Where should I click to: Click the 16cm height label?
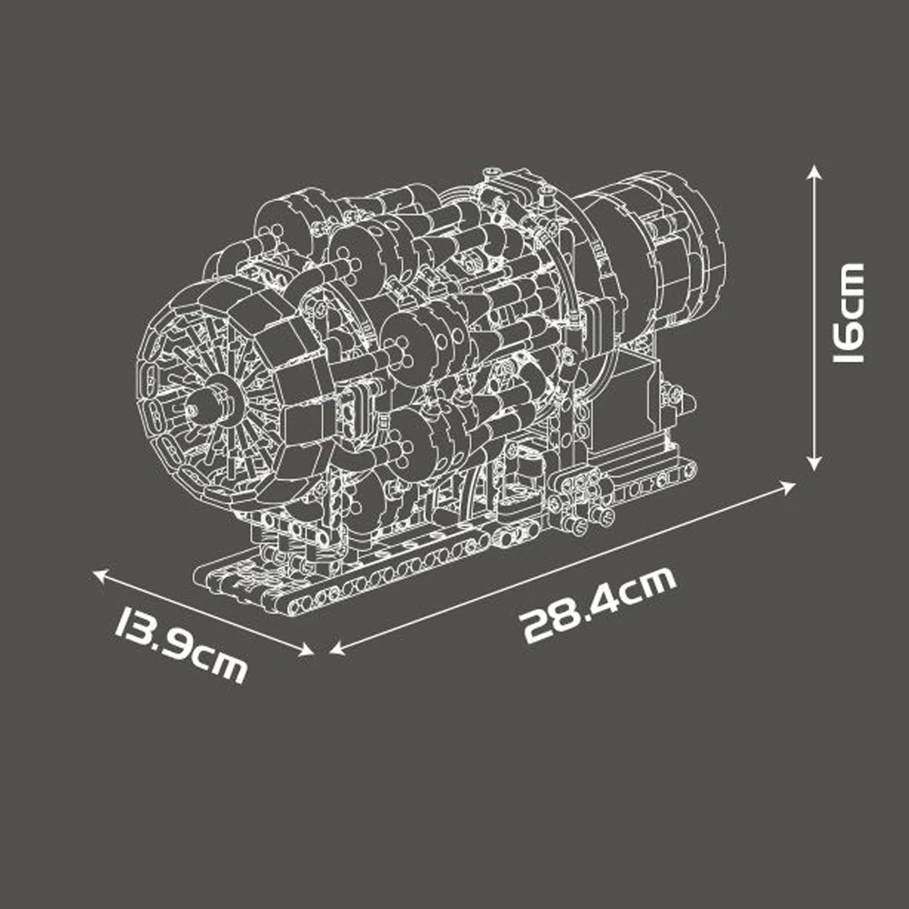850,314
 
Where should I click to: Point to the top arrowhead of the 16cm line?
815,171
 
